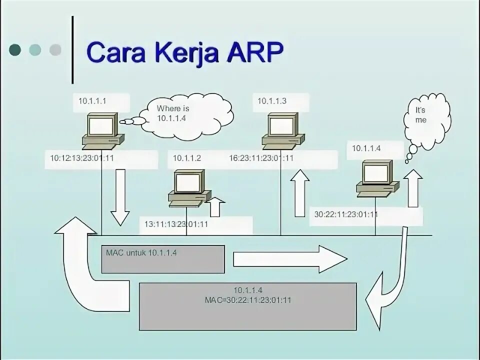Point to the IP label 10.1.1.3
[x=272, y=101]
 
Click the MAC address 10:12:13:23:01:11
[x=82, y=158]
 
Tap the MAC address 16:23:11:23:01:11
[x=261, y=158]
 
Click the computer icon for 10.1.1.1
[x=103, y=130]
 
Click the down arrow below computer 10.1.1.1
[x=120, y=197]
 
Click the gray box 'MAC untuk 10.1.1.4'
[x=162, y=259]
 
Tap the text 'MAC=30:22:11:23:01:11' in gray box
[x=248, y=300]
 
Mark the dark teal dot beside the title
[x=15, y=49]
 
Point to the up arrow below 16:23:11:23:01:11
[x=299, y=193]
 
